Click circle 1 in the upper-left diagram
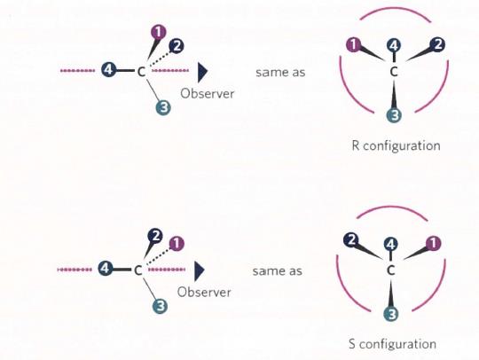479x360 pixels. pyautogui.click(x=159, y=33)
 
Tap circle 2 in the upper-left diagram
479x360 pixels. pyautogui.click(x=177, y=46)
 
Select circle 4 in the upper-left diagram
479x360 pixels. pyautogui.click(x=108, y=70)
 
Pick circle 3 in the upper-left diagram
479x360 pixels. pyautogui.click(x=163, y=107)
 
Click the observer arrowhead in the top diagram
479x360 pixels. pyautogui.click(x=202, y=73)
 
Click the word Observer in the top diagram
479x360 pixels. pyautogui.click(x=207, y=93)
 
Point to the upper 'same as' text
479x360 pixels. pyautogui.click(x=280, y=73)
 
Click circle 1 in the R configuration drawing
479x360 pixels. pyautogui.click(x=354, y=45)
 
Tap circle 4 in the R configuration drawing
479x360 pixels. pyautogui.click(x=394, y=46)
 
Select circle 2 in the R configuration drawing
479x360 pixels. pyautogui.click(x=437, y=44)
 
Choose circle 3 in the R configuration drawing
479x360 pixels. pyautogui.click(x=395, y=115)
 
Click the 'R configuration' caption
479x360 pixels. pyautogui.click(x=396, y=145)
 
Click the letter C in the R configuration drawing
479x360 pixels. pyautogui.click(x=394, y=72)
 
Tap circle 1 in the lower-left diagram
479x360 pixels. pyautogui.click(x=177, y=244)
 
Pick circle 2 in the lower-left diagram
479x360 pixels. pyautogui.click(x=155, y=236)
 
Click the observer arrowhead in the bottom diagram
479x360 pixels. pyautogui.click(x=200, y=271)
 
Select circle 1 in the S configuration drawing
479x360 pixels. pyautogui.click(x=434, y=243)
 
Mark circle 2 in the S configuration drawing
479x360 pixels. pyautogui.click(x=351, y=240)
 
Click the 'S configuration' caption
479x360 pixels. pyautogui.click(x=393, y=344)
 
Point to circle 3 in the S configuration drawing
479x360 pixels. pyautogui.click(x=391, y=314)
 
